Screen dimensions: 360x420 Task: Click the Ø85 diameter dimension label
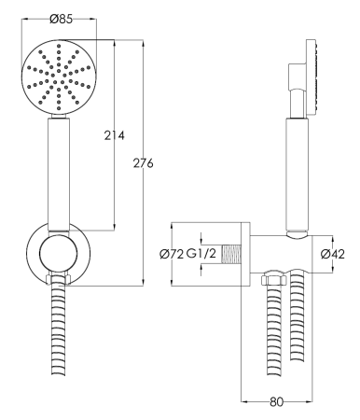(x=61, y=20)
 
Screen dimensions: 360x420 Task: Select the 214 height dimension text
(x=114, y=135)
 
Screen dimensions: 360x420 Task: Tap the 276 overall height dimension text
(x=144, y=163)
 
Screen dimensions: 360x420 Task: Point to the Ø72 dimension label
(x=172, y=254)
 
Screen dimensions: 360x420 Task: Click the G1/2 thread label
(x=201, y=254)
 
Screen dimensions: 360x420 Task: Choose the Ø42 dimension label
(x=333, y=254)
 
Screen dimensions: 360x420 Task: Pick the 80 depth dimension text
(x=277, y=401)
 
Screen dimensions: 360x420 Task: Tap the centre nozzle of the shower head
(x=59, y=77)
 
